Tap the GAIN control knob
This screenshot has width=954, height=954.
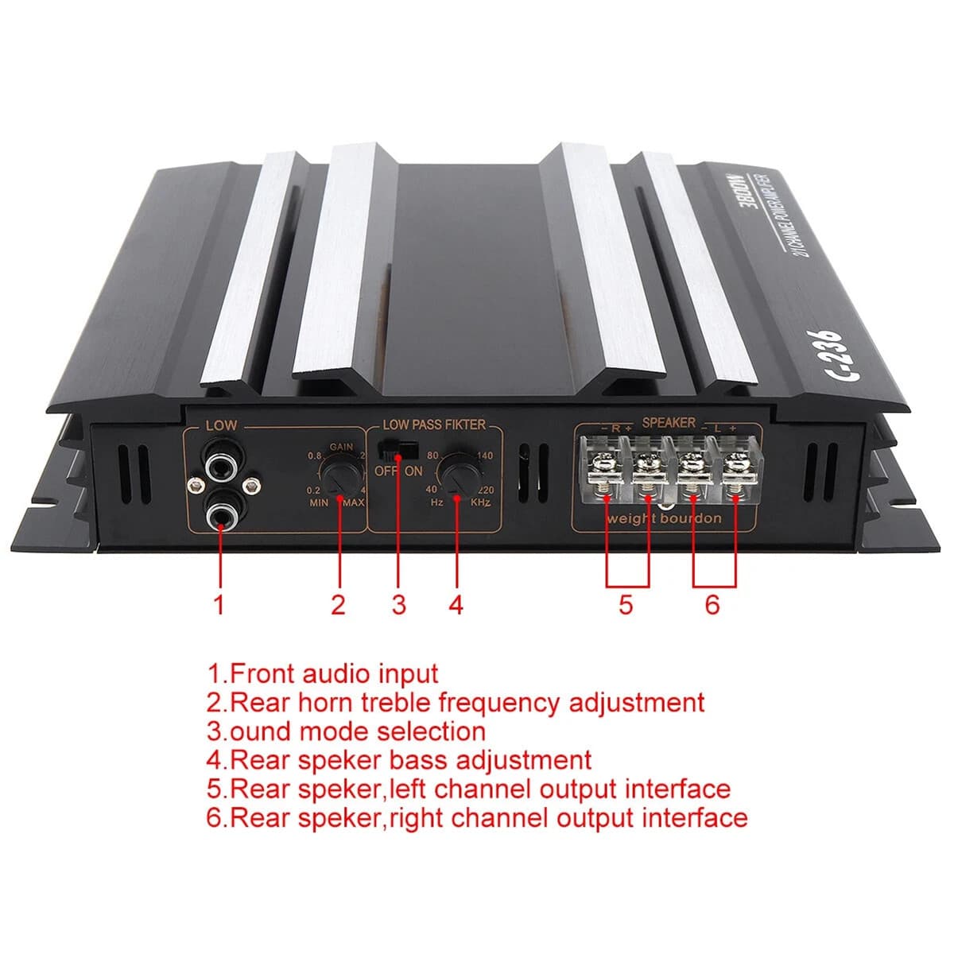[341, 475]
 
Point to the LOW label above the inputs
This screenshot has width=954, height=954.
[221, 425]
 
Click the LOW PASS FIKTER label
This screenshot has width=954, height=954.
[433, 425]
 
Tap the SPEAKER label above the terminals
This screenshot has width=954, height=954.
[668, 423]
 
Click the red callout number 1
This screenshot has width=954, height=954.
[219, 605]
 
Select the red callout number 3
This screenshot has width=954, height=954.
[398, 605]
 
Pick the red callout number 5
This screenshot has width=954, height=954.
[626, 605]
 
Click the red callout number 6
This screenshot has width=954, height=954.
[712, 605]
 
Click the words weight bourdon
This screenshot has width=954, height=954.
[664, 518]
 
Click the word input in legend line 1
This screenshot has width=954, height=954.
[407, 673]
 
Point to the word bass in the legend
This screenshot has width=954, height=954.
[417, 759]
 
